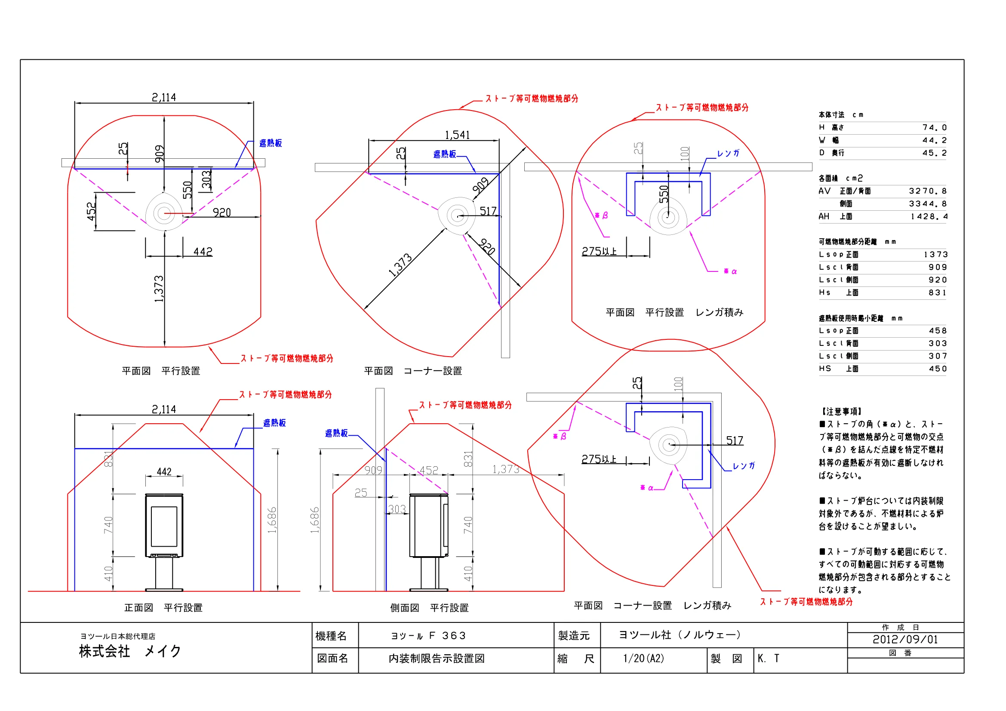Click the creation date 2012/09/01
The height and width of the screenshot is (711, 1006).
point(905,640)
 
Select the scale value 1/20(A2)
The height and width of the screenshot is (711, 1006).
point(643,659)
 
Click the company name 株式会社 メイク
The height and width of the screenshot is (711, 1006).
point(130,651)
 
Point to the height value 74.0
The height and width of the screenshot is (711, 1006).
point(934,127)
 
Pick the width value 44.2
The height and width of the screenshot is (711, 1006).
point(934,140)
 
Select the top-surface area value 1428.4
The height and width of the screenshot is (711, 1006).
point(929,216)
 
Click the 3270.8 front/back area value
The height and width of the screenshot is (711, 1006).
point(928,191)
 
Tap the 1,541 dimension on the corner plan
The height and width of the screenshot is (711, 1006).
point(457,135)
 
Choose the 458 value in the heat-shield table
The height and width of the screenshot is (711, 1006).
point(938,331)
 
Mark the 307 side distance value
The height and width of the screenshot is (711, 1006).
point(938,356)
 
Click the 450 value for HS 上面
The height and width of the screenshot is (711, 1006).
point(938,369)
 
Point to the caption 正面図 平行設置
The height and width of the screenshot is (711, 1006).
point(163,608)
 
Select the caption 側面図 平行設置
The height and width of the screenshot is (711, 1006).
point(429,608)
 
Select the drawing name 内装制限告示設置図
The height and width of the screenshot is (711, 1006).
point(437,659)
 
